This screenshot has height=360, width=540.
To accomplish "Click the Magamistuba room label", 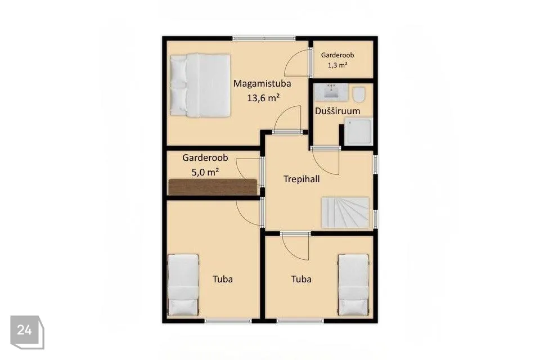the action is point(262,83).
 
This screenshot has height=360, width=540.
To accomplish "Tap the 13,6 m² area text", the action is point(263,98).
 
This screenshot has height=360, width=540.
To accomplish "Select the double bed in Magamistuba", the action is point(200,85).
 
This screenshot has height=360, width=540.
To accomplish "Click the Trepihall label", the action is point(301,179).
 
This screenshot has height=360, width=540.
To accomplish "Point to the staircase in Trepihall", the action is point(345,212).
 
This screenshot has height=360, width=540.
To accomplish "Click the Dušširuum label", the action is point(337,111).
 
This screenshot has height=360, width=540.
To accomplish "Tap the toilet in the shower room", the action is point(359,94).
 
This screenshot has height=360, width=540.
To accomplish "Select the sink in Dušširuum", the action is point(332,92).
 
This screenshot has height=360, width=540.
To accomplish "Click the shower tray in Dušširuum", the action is point(358,131).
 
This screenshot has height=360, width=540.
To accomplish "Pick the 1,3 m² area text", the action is point(337,65).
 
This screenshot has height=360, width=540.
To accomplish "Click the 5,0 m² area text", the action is point(205,172).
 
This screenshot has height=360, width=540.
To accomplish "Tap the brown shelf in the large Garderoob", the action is point(213,187).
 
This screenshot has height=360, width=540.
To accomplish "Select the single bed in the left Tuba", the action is point(183,285).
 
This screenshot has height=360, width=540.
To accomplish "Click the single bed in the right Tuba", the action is point(354,285).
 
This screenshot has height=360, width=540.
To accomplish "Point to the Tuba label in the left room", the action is point(223,279).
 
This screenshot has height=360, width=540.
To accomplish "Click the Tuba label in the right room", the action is point(301,279).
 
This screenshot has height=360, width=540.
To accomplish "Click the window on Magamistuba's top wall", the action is point(264,38).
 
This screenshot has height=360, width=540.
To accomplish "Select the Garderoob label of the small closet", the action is point(337,55).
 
